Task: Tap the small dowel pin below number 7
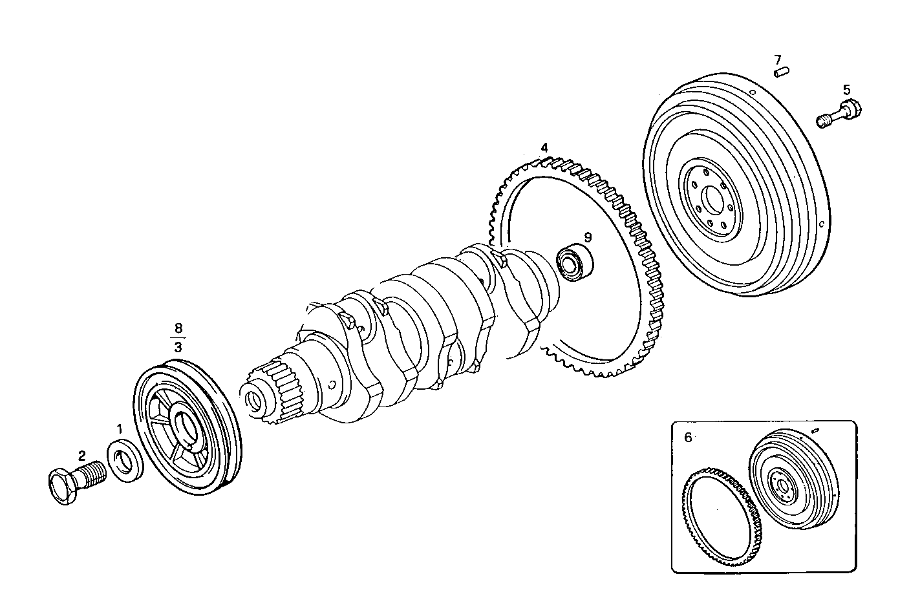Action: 780,72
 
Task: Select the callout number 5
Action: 846,89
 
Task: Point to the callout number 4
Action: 544,148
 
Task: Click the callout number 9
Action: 588,237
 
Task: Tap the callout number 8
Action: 178,327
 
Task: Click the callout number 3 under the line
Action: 178,347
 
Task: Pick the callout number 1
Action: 119,428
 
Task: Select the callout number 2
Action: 82,456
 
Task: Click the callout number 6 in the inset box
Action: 688,438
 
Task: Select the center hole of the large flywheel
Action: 713,201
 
